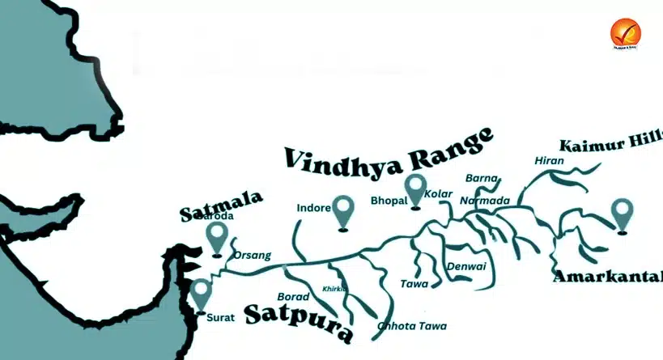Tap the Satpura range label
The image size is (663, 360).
(x=299, y=320)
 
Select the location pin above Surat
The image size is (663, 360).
(x=200, y=294)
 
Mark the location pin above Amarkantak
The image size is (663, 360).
(x=622, y=215)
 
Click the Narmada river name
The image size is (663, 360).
(x=485, y=201)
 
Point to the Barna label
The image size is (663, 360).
(x=478, y=178)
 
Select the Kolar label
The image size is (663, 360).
(x=438, y=194)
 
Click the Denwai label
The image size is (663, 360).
(x=465, y=266)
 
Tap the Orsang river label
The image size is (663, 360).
(x=252, y=256)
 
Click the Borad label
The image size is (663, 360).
(x=293, y=297)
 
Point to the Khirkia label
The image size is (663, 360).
(x=334, y=289)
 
